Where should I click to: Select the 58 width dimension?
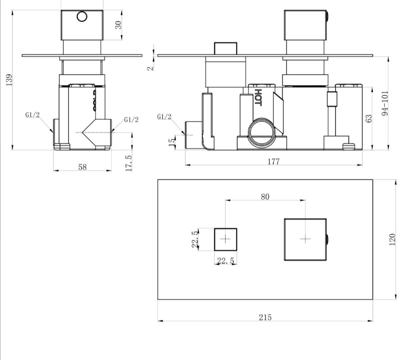click(82, 166)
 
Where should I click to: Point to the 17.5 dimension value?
click(129, 164)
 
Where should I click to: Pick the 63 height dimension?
click(369, 117)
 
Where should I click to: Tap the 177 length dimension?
click(274, 162)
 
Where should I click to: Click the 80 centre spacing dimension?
click(265, 197)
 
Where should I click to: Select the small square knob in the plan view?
click(226, 239)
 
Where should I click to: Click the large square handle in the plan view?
click(305, 239)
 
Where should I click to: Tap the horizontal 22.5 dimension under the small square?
click(226, 261)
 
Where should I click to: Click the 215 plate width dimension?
click(265, 317)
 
